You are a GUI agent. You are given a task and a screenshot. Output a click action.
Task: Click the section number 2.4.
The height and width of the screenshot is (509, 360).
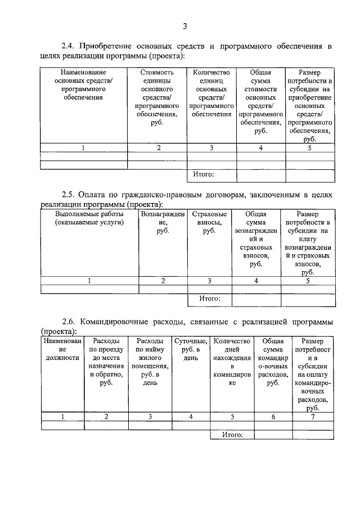tap(69, 46)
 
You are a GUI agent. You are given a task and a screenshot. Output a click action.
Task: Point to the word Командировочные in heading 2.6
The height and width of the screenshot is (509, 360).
tap(118, 322)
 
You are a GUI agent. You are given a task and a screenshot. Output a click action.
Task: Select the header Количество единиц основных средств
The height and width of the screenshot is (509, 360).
tap(211, 93)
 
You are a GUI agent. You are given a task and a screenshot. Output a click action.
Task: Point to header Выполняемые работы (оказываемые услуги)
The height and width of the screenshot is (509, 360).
tap(89, 218)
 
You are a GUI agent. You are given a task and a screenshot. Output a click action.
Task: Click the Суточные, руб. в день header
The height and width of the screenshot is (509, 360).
tap(191, 349)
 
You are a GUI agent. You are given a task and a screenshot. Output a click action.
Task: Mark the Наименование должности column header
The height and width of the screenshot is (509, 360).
tap(62, 349)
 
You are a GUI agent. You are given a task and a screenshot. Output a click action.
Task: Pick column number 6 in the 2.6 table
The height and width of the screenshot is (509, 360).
tap(273, 417)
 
